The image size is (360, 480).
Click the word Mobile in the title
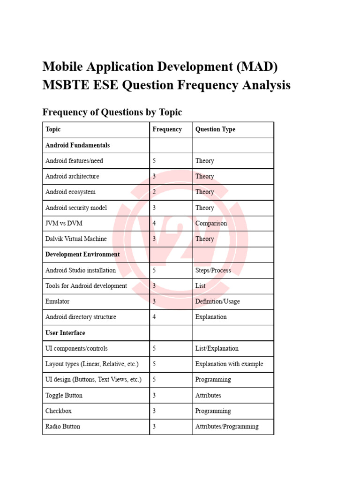(x=63, y=67)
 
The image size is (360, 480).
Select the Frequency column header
(x=167, y=129)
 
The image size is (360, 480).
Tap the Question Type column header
(x=215, y=129)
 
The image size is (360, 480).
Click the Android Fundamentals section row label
(x=77, y=145)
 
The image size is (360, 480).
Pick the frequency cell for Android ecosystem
(x=154, y=192)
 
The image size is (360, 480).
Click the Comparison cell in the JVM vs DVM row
(x=211, y=223)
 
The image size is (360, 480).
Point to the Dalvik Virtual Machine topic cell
(x=76, y=239)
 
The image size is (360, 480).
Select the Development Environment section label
(x=82, y=255)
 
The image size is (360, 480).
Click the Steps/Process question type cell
(x=212, y=270)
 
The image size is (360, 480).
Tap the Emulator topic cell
(x=57, y=301)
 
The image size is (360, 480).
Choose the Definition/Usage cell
(x=217, y=301)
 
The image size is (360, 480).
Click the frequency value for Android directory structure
(x=154, y=317)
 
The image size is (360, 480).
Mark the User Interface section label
(x=65, y=333)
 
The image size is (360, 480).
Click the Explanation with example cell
(x=229, y=364)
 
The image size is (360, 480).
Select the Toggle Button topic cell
(x=64, y=395)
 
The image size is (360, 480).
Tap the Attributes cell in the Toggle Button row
(x=208, y=395)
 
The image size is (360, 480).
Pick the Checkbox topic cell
(x=59, y=411)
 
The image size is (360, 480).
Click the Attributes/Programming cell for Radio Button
(x=226, y=427)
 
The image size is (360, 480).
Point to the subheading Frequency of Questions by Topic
(x=112, y=112)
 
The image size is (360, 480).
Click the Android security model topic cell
(x=76, y=208)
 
